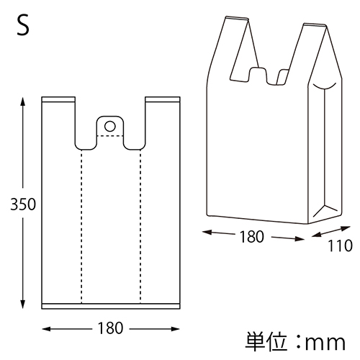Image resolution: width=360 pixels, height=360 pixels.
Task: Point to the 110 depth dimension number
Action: (338, 246)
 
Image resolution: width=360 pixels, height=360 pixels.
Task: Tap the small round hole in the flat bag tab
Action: (110, 126)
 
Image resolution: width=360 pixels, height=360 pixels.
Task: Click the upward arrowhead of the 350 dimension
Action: (24, 98)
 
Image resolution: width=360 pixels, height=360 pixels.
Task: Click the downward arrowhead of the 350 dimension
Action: (24, 305)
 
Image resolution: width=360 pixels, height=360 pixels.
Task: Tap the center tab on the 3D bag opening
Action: (258, 75)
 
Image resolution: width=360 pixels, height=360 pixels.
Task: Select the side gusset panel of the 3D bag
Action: (326, 151)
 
